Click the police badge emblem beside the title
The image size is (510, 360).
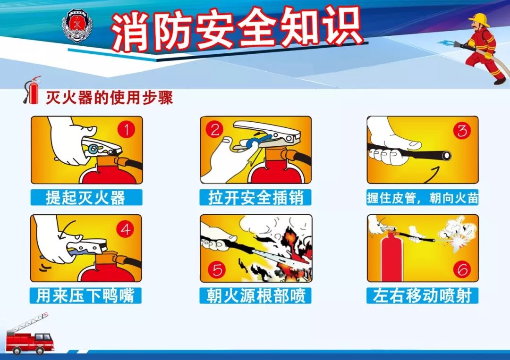click(77, 26)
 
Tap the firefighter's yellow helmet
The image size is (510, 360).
click(479, 19)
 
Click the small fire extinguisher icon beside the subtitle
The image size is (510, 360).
click(32, 90)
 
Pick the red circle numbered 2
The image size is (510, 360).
click(215, 130)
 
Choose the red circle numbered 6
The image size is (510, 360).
click(462, 269)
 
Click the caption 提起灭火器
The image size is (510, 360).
click(85, 198)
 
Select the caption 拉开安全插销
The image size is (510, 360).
click(255, 198)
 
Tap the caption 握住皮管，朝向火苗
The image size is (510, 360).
click(423, 198)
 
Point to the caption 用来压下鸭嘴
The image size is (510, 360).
click(85, 296)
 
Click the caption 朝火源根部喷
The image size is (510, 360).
click(256, 296)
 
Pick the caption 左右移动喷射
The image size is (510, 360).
click(422, 296)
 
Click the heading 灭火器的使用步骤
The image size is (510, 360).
click(109, 97)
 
